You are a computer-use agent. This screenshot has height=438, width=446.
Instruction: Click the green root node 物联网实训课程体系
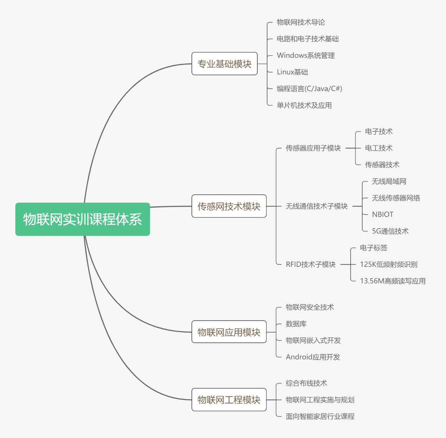pos(83,219)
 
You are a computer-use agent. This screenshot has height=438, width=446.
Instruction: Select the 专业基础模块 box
pos(224,64)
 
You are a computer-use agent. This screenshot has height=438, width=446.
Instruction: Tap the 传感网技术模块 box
pos(229,206)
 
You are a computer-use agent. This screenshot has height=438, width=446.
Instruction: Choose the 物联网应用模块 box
pos(229,332)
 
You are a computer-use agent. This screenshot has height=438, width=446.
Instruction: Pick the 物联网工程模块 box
pos(229,400)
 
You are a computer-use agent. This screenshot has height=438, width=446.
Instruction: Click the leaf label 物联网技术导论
pos(301,22)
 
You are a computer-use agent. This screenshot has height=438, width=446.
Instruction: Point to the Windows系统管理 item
pos(306,55)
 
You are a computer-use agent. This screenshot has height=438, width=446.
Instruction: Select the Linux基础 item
pos(292,72)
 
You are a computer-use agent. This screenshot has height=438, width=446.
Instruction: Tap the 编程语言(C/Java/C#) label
pos(309,89)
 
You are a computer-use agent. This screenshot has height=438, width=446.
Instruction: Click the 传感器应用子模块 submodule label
pos(313,148)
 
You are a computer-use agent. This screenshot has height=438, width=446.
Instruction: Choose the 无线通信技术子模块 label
pos(316,206)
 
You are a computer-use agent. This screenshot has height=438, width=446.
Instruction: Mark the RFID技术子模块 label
pos(310,264)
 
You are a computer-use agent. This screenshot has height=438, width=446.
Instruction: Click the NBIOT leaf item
pos(383,214)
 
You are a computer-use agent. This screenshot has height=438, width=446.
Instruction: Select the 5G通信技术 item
pos(390,231)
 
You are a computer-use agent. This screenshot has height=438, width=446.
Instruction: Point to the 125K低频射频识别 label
pos(389,264)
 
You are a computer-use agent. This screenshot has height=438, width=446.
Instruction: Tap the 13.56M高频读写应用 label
pos(392,281)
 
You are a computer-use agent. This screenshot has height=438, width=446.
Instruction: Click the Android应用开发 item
pos(313,357)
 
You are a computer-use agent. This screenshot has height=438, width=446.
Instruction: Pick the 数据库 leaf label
pos(296,324)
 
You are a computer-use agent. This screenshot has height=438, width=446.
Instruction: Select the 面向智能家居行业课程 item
pos(320,416)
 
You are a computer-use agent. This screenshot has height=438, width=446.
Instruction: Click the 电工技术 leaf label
pos(378,148)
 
